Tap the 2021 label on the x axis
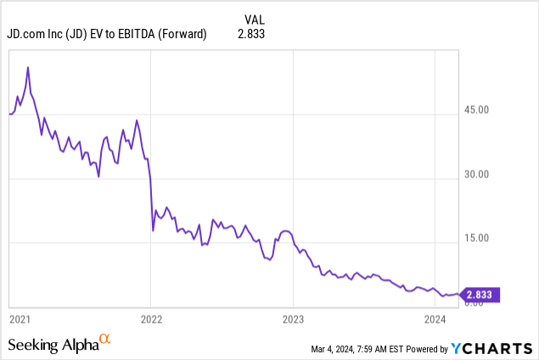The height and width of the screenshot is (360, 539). (20, 319)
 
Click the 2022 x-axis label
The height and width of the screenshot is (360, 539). (151, 319)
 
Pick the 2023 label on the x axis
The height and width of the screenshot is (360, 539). (293, 319)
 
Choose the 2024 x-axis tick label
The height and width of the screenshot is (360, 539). (435, 319)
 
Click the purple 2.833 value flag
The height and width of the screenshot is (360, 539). (481, 295)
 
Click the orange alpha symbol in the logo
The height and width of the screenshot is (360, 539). (104, 340)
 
